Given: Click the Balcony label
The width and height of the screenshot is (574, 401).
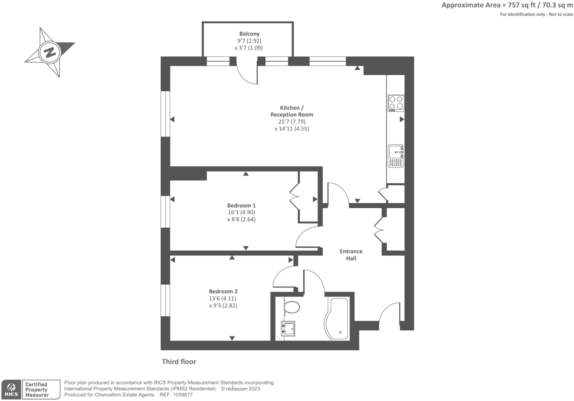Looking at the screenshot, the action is tap(249, 34).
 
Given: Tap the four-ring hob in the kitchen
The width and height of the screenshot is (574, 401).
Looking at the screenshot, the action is tap(396, 103).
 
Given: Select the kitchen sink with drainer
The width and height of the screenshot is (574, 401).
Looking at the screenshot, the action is tap(395, 156).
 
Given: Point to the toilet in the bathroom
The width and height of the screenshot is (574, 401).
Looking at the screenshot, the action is tap(292, 307).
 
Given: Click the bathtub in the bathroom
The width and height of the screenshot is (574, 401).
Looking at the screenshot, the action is tap(337, 319).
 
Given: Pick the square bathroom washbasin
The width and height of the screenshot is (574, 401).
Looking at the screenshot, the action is tap(288, 329).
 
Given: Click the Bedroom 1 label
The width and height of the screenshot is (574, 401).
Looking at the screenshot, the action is tap(241, 205).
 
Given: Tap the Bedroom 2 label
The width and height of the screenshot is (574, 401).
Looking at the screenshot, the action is tap(223, 291).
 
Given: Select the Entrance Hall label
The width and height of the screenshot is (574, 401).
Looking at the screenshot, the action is tap(351, 255).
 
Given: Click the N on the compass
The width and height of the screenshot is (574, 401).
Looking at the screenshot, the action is tap(50, 52).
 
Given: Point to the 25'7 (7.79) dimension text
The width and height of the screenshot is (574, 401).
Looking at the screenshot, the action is tap(292, 122).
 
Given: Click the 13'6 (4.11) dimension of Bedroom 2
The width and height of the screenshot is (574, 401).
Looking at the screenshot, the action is tap(223, 299).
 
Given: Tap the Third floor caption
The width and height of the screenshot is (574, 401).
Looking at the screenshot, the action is tap(179, 361).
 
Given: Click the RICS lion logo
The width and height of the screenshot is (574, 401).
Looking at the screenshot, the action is tap(11, 389).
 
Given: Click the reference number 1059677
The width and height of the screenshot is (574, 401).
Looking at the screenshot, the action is tap(183, 395).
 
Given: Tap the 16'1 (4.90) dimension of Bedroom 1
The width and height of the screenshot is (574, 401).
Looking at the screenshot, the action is tap(241, 213).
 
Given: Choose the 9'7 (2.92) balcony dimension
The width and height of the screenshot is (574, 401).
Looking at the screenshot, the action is tap(249, 41).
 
